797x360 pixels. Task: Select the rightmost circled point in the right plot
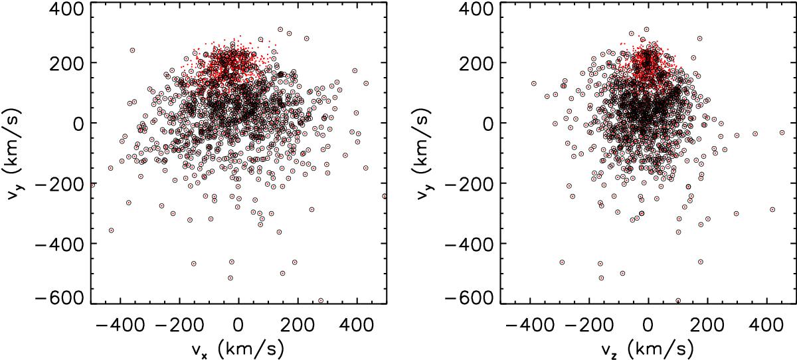782,133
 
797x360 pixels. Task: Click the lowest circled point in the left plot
321,300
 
